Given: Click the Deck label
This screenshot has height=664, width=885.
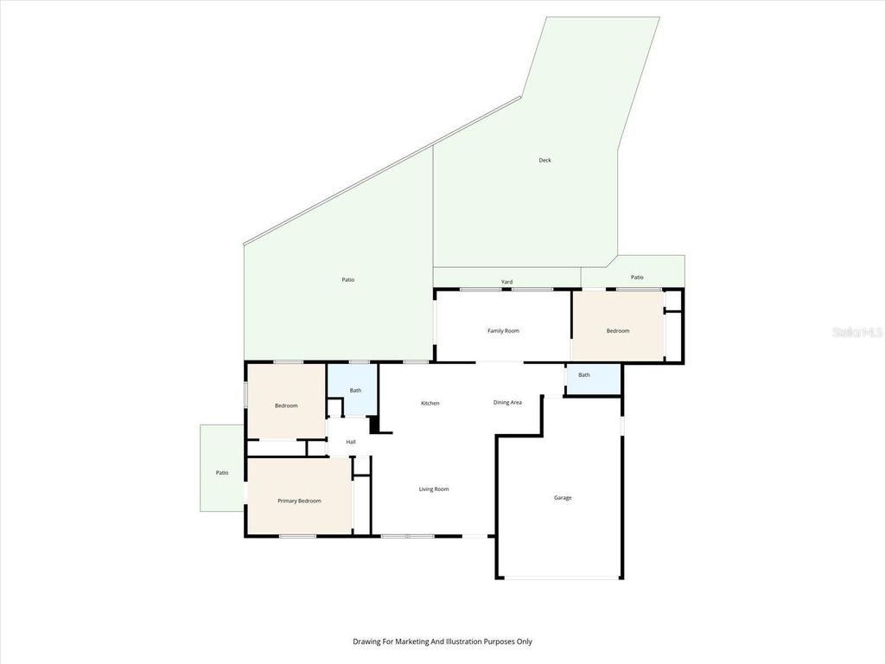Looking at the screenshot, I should [544, 160].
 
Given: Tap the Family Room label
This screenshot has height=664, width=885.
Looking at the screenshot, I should [503, 331].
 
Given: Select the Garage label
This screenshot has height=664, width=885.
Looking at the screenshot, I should [563, 497].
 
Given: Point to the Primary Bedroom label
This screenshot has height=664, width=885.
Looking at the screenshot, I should [299, 501].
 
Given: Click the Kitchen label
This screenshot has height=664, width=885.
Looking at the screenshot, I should [430, 404].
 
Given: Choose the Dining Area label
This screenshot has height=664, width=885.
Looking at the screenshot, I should [507, 402].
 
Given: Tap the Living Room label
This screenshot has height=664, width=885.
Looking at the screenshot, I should [434, 489].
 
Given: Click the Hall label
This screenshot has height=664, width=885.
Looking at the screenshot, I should [351, 443].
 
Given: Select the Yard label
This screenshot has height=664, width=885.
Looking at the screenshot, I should [507, 282].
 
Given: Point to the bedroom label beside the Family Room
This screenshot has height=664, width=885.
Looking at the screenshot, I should [618, 331].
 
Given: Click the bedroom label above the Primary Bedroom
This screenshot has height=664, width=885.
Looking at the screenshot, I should [286, 405].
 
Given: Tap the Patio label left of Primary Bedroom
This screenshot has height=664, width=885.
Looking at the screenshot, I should [222, 473].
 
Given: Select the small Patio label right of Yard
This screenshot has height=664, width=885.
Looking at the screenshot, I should [637, 278].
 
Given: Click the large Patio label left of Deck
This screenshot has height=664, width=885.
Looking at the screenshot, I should [347, 279].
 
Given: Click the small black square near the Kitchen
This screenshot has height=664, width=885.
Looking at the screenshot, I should [374, 425].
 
